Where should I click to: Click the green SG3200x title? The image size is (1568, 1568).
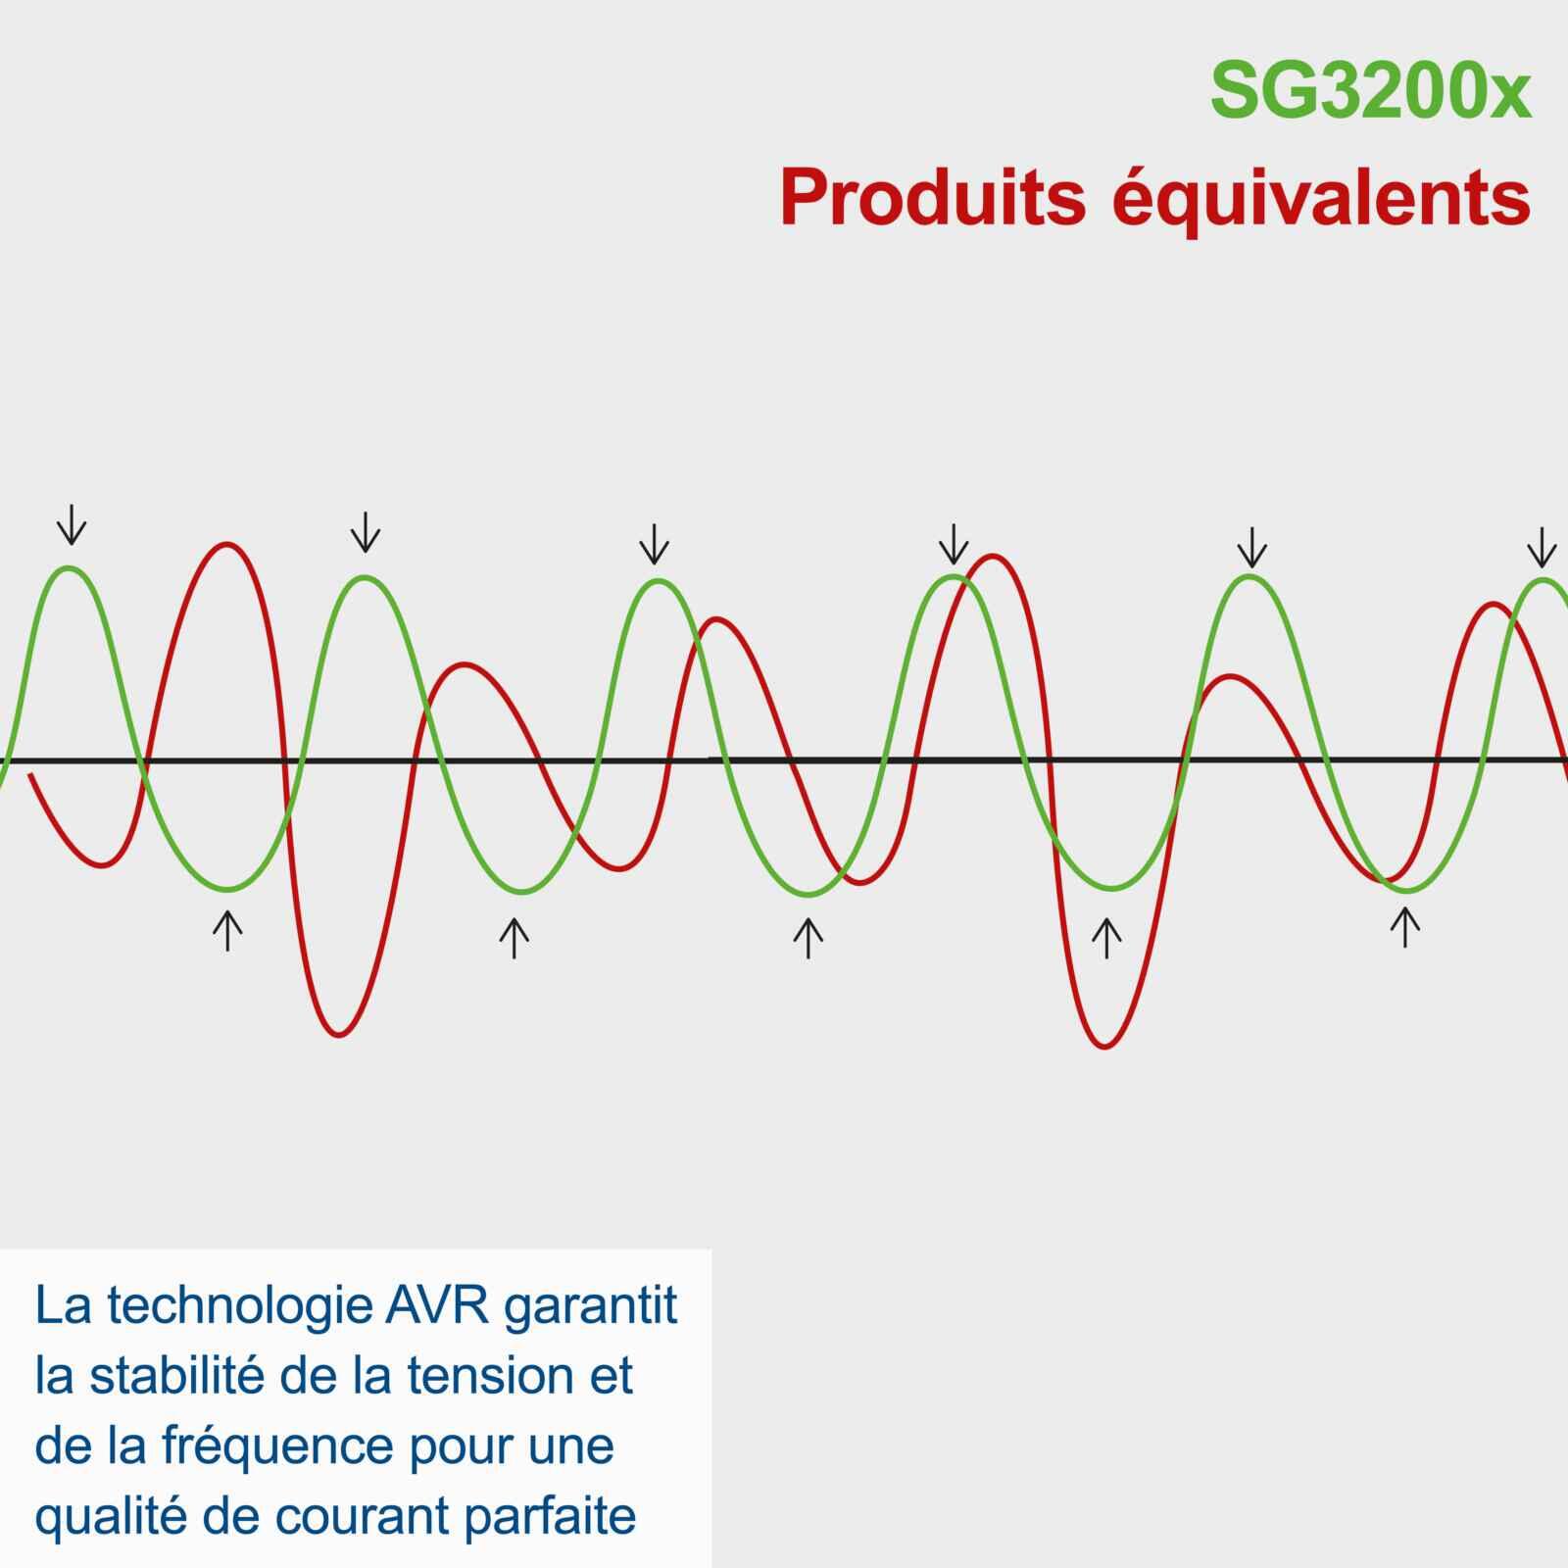coord(1369,91)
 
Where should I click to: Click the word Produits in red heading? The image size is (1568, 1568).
coord(932,199)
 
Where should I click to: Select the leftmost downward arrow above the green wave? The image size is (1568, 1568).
coord(71,525)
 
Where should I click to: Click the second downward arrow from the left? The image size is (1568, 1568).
coord(365,532)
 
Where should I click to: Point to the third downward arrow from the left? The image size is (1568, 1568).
coord(654,544)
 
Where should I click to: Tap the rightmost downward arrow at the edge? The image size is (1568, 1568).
coord(1542,547)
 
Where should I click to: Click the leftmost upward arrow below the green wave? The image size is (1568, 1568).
coord(227,930)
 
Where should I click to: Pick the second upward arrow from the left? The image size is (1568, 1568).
coord(514,938)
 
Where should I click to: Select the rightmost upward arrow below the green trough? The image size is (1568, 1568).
coord(1404,927)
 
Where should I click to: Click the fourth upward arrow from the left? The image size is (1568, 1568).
coord(1106,938)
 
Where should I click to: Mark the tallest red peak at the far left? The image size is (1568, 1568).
coord(227,544)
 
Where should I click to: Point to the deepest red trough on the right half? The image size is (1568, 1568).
coord(1104,1047)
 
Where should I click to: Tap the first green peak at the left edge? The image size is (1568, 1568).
coord(68,568)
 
